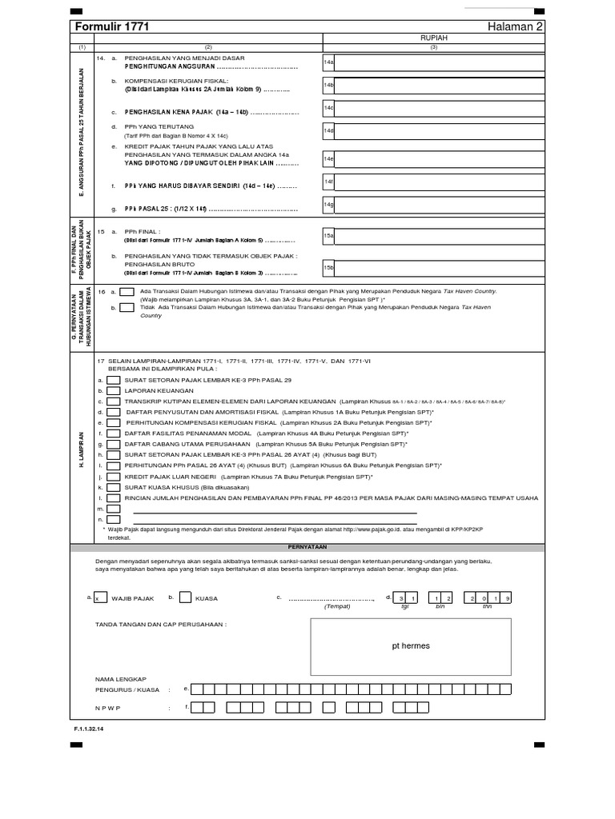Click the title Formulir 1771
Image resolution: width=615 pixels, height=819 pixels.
click(x=111, y=27)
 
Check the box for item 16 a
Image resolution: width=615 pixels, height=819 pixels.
click(x=127, y=293)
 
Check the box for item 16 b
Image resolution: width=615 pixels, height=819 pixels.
click(x=127, y=306)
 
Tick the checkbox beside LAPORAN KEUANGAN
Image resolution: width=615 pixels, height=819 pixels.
click(x=115, y=390)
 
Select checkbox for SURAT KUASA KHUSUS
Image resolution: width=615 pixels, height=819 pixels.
click(x=115, y=485)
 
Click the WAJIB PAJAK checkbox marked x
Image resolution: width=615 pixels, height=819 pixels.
click(x=100, y=597)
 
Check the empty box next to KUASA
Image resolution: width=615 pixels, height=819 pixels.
click(x=186, y=597)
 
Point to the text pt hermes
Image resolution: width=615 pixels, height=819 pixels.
click(x=411, y=645)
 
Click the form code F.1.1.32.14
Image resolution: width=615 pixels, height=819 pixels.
click(x=88, y=729)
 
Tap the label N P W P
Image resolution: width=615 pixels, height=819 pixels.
click(x=111, y=707)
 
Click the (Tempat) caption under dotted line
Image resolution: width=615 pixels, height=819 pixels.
click(x=337, y=606)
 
